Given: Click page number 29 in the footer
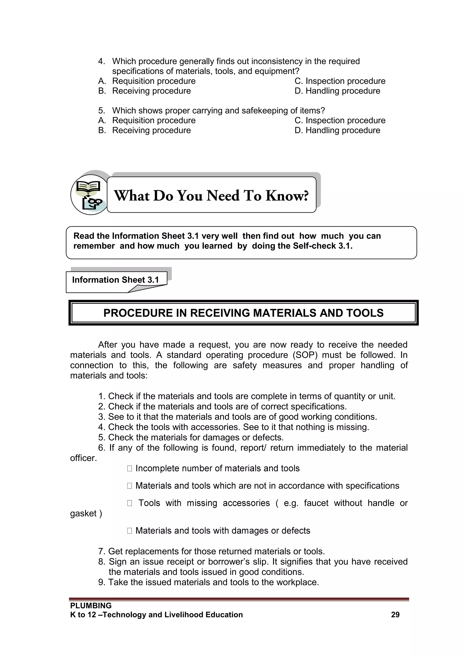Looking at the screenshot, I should [395, 615].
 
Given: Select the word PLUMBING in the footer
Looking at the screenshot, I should [91, 605].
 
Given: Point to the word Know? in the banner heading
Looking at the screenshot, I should [287, 196].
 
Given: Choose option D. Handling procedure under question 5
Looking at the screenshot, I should [337, 130].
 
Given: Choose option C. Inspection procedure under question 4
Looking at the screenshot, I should [340, 81].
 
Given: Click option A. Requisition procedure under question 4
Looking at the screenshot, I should [147, 81].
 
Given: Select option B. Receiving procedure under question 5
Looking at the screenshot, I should [145, 130].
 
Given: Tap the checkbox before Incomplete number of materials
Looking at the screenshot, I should [129, 468].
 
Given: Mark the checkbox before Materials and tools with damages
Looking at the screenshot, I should [129, 530].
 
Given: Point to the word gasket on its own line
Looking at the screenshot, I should [83, 513].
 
